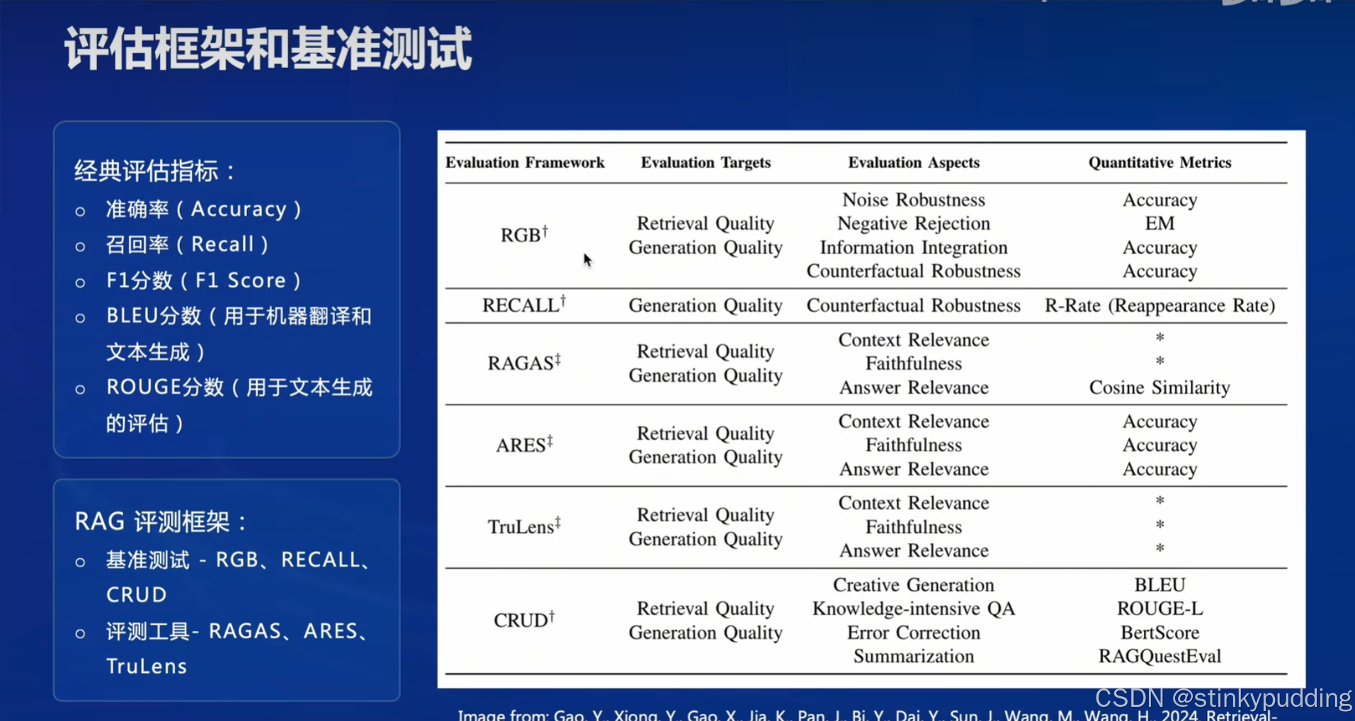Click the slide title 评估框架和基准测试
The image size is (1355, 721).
(268, 49)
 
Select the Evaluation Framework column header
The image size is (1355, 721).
(525, 163)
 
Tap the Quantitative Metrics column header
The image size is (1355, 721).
(1160, 163)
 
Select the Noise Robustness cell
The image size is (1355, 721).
(913, 200)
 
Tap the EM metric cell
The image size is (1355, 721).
(1160, 224)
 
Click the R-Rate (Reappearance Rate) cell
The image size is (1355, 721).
(1160, 306)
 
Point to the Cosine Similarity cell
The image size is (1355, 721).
(1160, 388)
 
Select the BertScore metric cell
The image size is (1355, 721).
(1160, 632)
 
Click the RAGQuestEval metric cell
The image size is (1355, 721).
(1160, 657)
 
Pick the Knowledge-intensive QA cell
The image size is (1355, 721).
(913, 609)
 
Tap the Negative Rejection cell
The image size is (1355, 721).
(913, 224)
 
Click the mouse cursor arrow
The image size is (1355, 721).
(587, 260)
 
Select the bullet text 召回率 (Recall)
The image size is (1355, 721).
(187, 244)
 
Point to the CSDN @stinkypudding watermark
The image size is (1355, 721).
(1223, 698)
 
